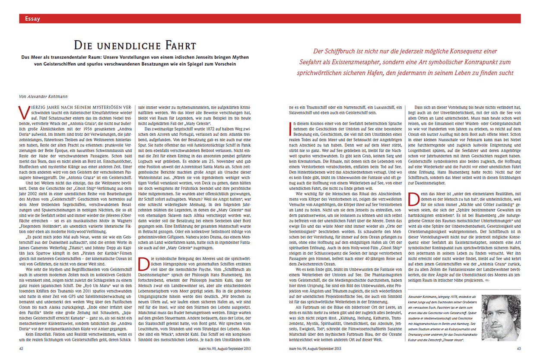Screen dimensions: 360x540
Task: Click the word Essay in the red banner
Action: (x=32, y=19)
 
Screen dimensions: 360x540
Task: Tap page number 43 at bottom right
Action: (x=518, y=348)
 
